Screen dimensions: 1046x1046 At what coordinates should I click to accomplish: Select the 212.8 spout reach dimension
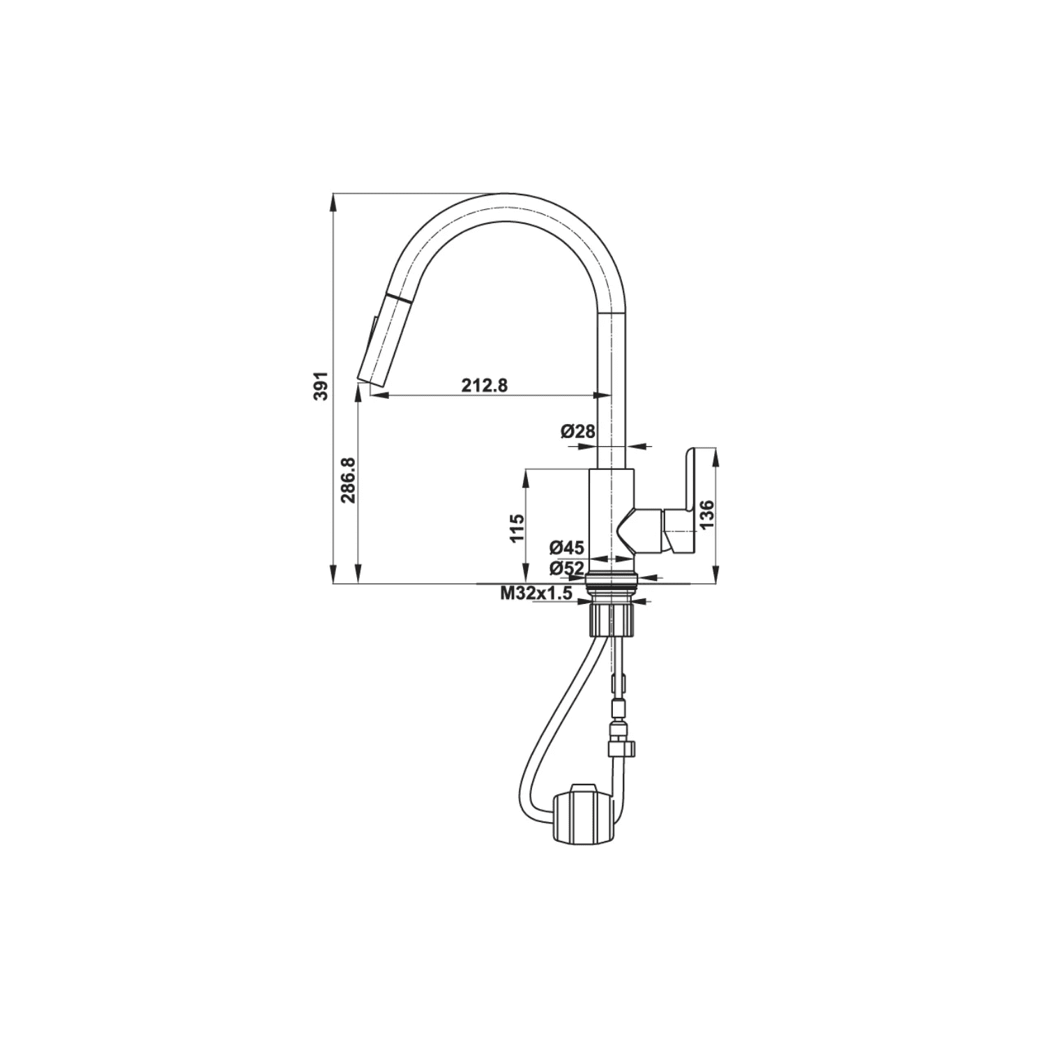point(484,384)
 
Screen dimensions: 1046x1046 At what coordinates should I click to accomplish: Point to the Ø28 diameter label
point(578,432)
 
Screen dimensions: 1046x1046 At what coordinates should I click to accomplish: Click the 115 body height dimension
point(516,528)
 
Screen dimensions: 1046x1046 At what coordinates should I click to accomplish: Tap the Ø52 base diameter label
point(566,568)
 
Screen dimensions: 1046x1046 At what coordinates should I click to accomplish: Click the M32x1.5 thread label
point(536,593)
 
